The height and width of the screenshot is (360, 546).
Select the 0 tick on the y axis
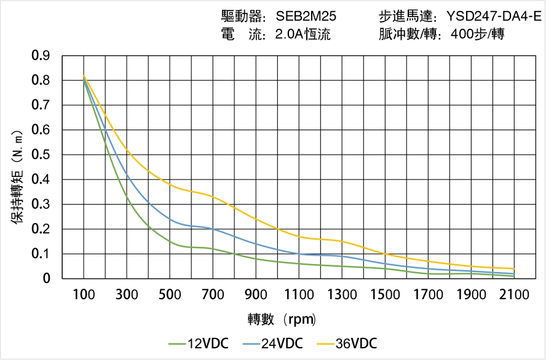click(x=47, y=279)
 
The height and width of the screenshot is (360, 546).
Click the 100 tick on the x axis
click(x=84, y=295)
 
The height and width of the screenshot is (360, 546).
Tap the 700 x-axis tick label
click(x=213, y=295)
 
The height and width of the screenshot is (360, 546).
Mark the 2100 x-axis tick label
click(x=514, y=295)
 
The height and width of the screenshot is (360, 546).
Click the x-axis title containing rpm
click(x=282, y=319)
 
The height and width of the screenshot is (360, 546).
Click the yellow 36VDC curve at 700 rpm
click(x=213, y=197)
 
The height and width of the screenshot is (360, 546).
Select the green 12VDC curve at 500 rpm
click(x=170, y=241)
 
